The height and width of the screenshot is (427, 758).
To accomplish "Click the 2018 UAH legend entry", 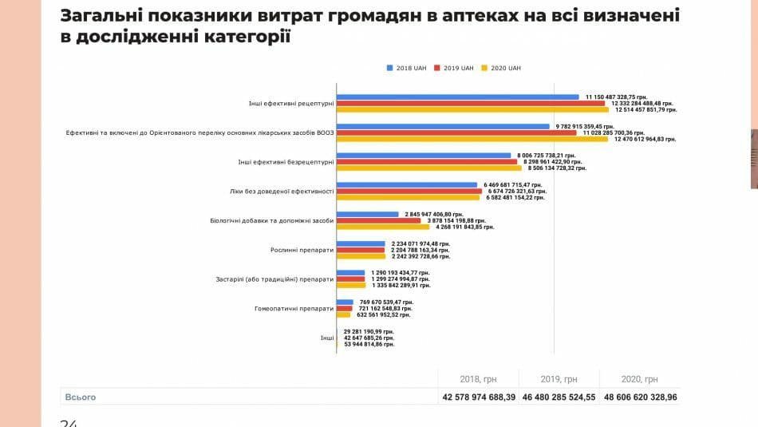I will (x=409, y=69).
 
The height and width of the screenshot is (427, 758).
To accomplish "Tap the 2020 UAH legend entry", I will (x=503, y=69).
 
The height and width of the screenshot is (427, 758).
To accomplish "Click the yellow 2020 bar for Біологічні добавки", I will (x=383, y=227).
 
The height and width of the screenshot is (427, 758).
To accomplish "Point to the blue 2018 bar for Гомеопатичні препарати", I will (x=345, y=302).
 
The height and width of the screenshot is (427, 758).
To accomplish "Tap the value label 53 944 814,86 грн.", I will (x=368, y=344).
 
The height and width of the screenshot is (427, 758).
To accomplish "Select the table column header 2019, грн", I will (x=558, y=379).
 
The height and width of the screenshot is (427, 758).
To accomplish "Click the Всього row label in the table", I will (x=80, y=397).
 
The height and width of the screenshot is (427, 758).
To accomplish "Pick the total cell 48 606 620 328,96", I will (x=641, y=397).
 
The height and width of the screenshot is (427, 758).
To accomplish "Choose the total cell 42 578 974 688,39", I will (x=477, y=397).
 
